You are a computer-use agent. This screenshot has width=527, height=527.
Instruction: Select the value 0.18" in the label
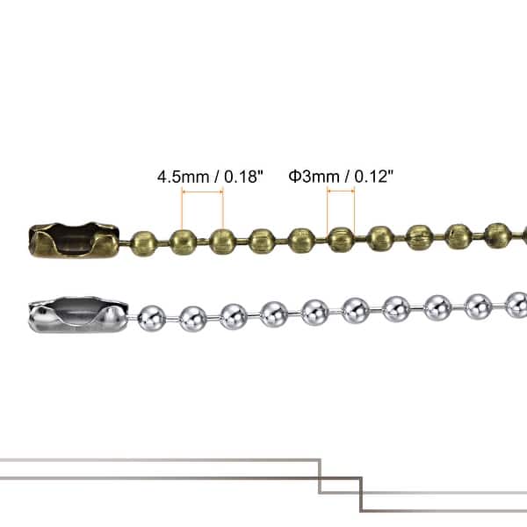[x=243, y=176]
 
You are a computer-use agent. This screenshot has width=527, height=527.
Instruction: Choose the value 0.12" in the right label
[x=372, y=176]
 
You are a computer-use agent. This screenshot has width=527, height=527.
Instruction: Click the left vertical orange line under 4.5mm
[x=182, y=211]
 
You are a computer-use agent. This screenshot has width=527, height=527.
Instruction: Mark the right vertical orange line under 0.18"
[x=223, y=211]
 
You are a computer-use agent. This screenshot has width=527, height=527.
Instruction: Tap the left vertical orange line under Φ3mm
[x=328, y=211]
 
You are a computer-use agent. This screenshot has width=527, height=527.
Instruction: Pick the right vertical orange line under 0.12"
[x=355, y=211]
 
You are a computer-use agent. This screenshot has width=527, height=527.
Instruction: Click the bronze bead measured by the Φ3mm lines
[x=341, y=238]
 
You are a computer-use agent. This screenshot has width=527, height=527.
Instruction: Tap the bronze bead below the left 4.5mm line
[x=183, y=240]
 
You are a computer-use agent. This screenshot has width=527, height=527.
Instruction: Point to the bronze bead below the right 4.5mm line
[x=222, y=240]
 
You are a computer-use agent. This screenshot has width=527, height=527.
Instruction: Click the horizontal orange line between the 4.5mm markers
[x=202, y=191]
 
